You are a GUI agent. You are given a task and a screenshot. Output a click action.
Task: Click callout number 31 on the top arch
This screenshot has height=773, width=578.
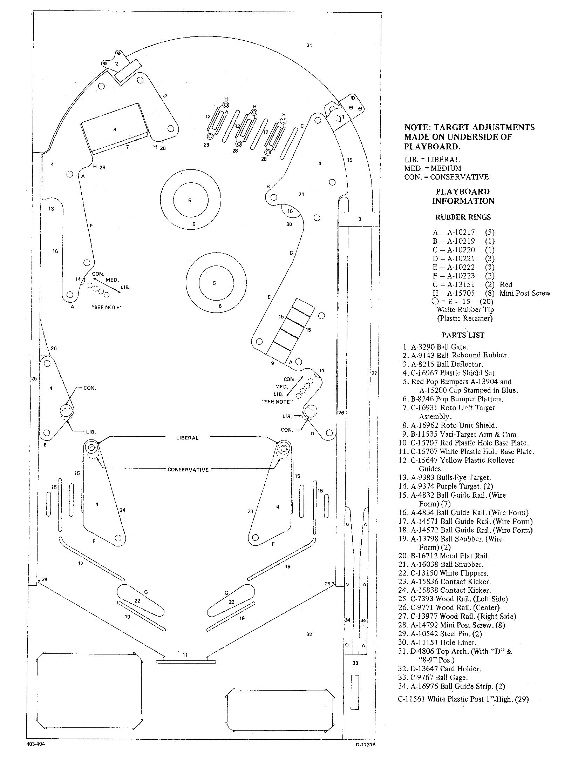(x=309, y=45)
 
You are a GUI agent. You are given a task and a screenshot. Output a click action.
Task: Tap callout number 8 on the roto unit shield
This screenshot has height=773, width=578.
(x=115, y=129)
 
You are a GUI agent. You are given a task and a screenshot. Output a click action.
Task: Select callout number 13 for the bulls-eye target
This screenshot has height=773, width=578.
(x=51, y=209)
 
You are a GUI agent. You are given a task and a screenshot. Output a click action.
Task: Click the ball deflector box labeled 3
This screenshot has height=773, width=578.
(x=359, y=219)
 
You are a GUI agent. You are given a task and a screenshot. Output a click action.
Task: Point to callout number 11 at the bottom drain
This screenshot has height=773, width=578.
(x=185, y=654)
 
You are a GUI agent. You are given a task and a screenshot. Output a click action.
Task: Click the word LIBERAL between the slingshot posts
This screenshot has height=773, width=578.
(x=188, y=438)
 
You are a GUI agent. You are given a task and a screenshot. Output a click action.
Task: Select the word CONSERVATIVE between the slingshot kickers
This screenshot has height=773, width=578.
(x=188, y=470)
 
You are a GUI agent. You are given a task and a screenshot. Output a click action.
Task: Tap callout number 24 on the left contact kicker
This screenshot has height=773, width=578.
(x=123, y=510)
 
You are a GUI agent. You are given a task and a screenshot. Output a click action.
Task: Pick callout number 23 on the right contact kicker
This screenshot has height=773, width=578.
(x=250, y=511)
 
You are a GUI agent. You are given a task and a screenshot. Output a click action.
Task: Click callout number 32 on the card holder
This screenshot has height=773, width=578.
(x=309, y=634)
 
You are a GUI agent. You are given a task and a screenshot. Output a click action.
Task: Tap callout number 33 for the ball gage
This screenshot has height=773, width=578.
(x=355, y=663)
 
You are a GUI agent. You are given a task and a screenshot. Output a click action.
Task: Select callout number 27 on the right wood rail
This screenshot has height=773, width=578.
(x=374, y=373)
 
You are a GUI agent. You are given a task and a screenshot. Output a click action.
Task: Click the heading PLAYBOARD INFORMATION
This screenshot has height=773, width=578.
(x=463, y=196)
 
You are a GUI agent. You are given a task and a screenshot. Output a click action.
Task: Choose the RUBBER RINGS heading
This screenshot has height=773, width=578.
(x=463, y=217)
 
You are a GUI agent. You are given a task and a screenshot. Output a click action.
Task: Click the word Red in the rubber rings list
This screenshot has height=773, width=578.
(x=506, y=284)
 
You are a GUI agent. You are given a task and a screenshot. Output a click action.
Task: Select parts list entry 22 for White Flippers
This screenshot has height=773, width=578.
(x=443, y=573)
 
